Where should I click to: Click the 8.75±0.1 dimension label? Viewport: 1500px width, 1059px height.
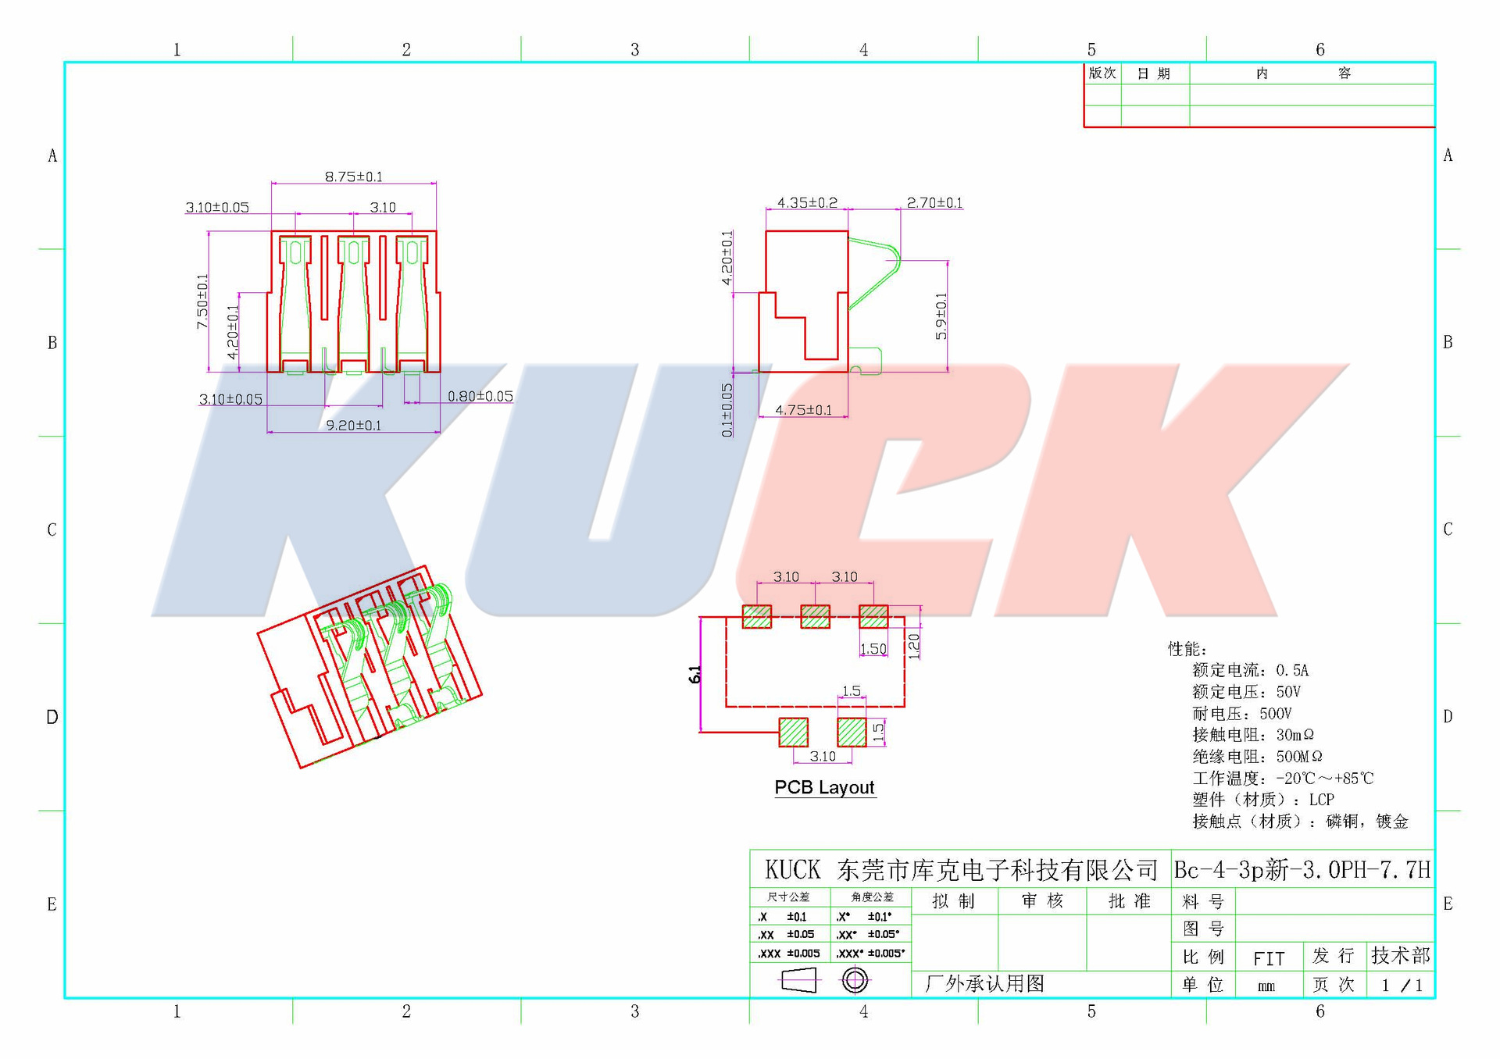point(354,177)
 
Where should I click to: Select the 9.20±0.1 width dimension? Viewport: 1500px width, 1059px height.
point(353,426)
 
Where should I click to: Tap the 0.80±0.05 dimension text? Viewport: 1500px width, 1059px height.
point(480,397)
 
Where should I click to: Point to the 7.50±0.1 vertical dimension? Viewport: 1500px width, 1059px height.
point(203,301)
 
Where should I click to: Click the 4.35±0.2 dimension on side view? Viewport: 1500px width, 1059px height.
point(807,203)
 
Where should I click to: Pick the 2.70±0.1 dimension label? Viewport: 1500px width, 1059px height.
point(934,203)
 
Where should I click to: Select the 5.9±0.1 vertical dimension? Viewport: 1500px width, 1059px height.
point(941,316)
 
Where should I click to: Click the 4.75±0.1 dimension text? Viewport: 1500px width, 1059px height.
point(803,410)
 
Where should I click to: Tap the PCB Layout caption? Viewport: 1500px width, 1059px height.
point(824,788)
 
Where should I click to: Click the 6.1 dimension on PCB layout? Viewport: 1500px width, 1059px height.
point(695,675)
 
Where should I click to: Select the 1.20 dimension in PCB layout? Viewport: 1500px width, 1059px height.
point(914,646)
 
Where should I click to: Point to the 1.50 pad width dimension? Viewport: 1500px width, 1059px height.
point(873,649)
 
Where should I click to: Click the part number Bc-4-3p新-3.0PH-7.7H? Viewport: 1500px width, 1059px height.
point(1302,870)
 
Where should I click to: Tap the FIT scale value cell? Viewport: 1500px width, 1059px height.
point(1269,958)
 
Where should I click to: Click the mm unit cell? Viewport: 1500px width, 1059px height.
point(1266,986)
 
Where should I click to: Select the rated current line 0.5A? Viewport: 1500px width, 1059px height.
point(1250,670)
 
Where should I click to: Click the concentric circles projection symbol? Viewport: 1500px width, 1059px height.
point(855,980)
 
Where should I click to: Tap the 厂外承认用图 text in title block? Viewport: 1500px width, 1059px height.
point(984,984)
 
